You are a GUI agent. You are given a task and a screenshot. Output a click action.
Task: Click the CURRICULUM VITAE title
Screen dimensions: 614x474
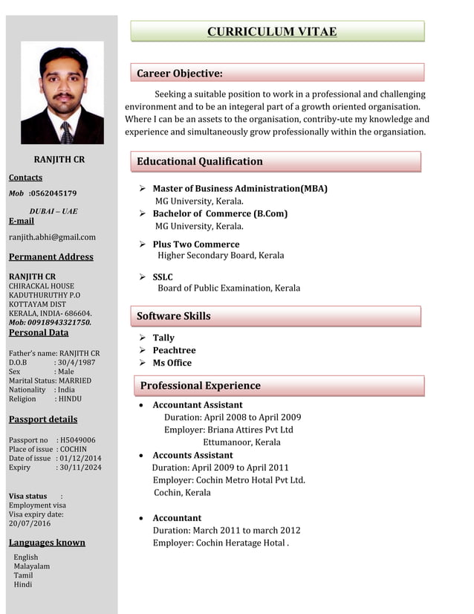click(271, 31)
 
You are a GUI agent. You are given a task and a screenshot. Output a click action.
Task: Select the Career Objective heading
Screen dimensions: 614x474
click(179, 73)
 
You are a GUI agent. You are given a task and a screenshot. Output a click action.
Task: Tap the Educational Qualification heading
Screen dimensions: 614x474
click(199, 161)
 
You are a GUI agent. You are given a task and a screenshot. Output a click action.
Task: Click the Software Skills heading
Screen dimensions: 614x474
click(173, 316)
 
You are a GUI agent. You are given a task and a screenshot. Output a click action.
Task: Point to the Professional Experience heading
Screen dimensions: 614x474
click(200, 385)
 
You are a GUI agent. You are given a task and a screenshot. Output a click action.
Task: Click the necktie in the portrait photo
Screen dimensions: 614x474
click(66, 132)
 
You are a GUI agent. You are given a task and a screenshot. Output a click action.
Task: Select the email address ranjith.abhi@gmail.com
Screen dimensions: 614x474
click(52, 237)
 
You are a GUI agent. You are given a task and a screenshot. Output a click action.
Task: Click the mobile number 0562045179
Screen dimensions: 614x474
click(53, 193)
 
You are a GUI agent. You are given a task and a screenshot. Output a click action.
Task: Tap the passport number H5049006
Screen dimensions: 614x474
click(78, 440)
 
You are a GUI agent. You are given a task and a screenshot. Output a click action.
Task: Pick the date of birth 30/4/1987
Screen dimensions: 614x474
click(77, 362)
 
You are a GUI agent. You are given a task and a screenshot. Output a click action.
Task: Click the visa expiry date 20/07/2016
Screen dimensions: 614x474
click(30, 523)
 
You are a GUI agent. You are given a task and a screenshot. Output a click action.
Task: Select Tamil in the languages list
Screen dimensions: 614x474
click(23, 575)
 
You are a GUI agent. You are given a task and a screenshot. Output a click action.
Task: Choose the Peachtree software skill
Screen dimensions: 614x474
click(174, 350)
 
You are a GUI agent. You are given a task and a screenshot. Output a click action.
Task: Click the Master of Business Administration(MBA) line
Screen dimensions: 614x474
click(239, 189)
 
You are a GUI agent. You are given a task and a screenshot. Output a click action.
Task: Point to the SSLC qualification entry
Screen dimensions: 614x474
click(163, 277)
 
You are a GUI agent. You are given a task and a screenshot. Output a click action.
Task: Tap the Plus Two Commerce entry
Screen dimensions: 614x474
click(195, 244)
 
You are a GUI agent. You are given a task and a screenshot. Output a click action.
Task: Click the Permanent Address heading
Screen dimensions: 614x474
click(51, 257)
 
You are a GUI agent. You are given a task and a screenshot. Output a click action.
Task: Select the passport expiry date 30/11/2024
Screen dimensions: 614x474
click(80, 468)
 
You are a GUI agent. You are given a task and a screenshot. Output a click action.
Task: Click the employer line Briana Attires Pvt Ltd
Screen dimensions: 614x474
click(229, 430)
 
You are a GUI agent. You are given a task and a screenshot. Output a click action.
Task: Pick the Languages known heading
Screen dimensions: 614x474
click(47, 543)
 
